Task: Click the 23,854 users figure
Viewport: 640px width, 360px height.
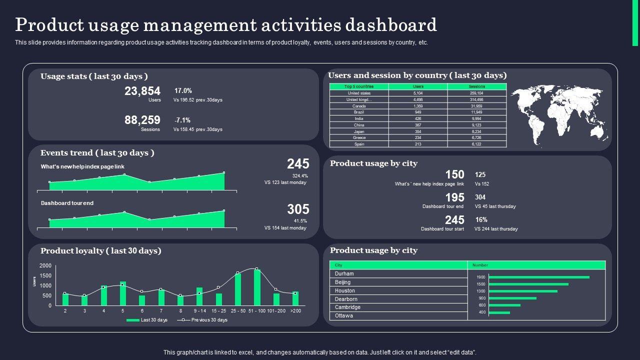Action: pyautogui.click(x=142, y=91)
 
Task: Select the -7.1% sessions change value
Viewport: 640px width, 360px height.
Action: pyautogui.click(x=182, y=120)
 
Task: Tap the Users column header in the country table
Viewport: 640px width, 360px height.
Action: pyautogui.click(x=418, y=86)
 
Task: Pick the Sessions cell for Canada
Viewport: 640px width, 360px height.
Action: pyautogui.click(x=476, y=106)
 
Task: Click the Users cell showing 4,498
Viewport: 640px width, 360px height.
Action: pyautogui.click(x=418, y=99)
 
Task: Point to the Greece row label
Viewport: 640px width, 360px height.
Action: pyautogui.click(x=359, y=137)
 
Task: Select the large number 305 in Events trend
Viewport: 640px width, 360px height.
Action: pyautogui.click(x=298, y=209)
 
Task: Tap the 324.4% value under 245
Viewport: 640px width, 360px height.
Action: pyautogui.click(x=300, y=176)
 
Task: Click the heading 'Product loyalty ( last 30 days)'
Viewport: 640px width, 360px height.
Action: pyautogui.click(x=101, y=251)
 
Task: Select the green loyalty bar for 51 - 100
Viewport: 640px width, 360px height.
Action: pyautogui.click(x=257, y=287)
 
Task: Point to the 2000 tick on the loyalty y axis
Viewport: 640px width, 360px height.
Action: pyautogui.click(x=45, y=265)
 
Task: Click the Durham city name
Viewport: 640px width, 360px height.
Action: pyautogui.click(x=344, y=274)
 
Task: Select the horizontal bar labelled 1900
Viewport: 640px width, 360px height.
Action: pyautogui.click(x=539, y=277)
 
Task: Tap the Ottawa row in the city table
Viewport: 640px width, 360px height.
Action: pyautogui.click(x=344, y=316)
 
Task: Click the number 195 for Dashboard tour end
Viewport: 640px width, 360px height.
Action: pyautogui.click(x=454, y=197)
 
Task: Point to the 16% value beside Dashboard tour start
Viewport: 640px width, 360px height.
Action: pyautogui.click(x=481, y=220)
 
